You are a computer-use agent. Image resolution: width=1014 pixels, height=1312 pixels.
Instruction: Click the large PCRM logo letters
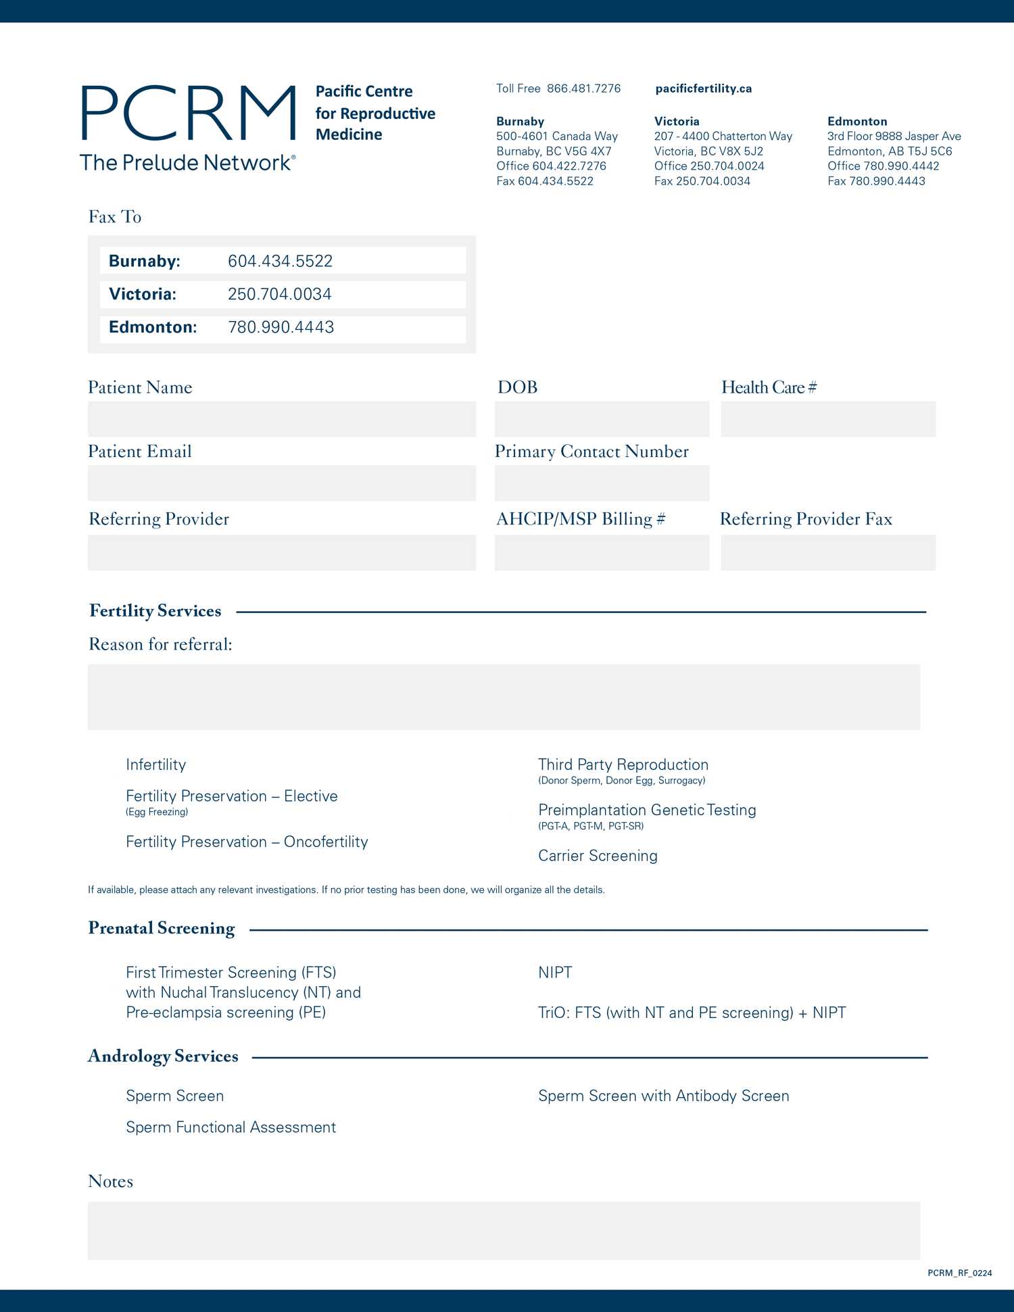pos(189,113)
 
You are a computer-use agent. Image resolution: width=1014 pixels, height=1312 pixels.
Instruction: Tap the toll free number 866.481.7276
pos(583,89)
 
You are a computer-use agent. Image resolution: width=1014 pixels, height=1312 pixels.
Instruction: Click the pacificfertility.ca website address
pos(703,89)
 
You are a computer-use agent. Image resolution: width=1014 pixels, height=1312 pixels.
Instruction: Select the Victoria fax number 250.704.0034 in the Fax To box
pos(279,295)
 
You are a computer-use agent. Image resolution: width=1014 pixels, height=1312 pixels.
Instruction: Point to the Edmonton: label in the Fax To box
pos(153,328)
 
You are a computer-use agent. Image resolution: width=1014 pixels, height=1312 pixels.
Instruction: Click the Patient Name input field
pos(281,419)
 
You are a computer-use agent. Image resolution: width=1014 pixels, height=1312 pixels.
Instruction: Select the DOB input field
pos(602,419)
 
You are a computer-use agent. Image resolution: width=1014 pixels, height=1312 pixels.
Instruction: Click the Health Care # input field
pos(828,419)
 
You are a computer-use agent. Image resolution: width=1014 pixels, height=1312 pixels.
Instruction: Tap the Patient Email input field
pos(281,483)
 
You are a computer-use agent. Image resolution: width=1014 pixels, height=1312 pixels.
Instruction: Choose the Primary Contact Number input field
pos(602,483)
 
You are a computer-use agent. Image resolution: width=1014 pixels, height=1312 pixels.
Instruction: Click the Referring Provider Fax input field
pos(828,553)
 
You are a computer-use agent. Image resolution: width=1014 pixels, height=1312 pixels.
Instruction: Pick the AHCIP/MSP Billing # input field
pos(602,553)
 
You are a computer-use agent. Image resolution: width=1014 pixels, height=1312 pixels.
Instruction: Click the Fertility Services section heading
pos(155,611)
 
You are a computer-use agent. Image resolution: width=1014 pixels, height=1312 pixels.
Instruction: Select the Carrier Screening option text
pos(598,856)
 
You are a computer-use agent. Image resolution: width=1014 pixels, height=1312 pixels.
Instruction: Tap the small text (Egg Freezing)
pos(157,812)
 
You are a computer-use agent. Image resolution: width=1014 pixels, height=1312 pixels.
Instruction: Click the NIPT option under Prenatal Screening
pos(555,973)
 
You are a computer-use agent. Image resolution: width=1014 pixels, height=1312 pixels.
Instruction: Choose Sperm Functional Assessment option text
pos(231,1127)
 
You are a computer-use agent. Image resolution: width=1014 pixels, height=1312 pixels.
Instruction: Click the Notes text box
pos(504,1230)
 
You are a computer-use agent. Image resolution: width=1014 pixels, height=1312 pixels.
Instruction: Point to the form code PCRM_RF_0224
pos(959,1273)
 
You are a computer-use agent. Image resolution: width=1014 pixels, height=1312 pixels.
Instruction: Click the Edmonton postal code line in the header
pos(890,151)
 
